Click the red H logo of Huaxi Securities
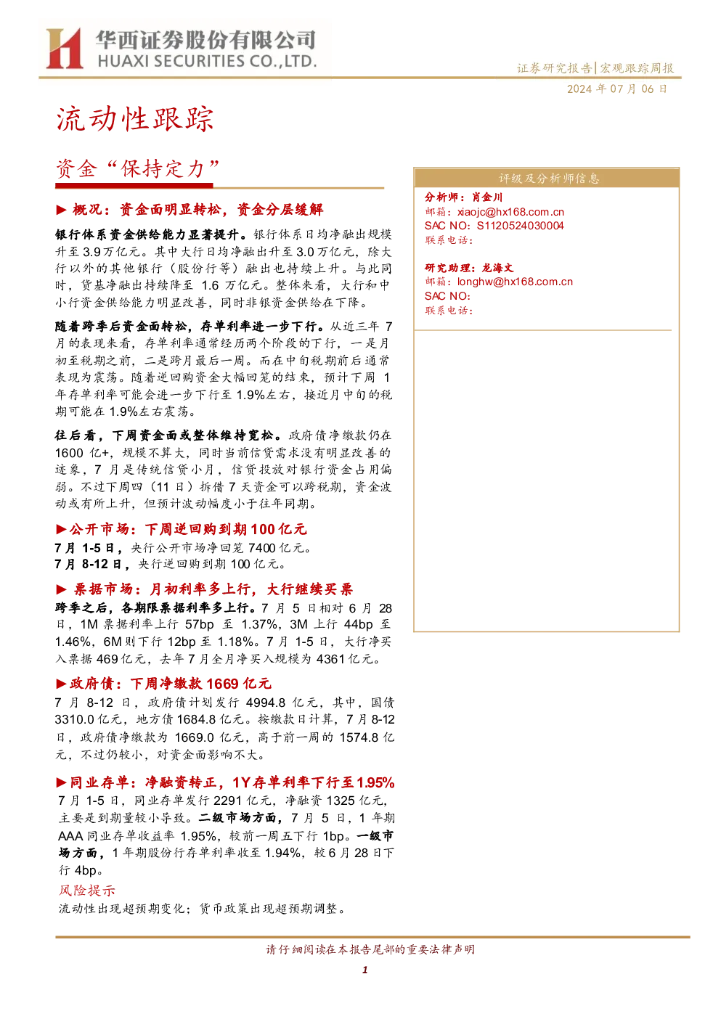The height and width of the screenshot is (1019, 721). tap(64, 48)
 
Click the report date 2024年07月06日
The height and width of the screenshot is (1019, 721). tap(616, 89)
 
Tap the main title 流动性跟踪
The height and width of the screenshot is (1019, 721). tap(135, 120)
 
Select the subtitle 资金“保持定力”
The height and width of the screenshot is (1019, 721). tap(137, 169)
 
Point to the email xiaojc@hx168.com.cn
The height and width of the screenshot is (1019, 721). tap(510, 212)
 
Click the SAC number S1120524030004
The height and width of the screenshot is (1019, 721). tap(520, 226)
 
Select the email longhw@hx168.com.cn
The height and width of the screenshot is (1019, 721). tap(515, 282)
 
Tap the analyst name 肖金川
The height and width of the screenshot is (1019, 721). tap(486, 197)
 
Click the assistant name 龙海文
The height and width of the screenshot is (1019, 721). tap(497, 268)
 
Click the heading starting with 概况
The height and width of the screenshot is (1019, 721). tap(190, 210)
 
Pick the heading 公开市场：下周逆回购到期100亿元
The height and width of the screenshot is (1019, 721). tap(182, 529)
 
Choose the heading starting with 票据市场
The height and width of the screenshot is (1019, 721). tap(204, 589)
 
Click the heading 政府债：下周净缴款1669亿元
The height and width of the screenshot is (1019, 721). tap(163, 683)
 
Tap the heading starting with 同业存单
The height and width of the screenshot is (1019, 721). tap(225, 782)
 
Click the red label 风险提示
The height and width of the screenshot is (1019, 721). tap(87, 891)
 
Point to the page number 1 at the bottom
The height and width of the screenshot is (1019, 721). tap(364, 970)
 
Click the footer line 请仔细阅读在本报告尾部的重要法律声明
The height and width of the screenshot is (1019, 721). tap(370, 949)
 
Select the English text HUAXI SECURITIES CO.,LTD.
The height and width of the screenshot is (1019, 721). tap(207, 62)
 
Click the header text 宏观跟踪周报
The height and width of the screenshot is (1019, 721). tap(637, 68)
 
